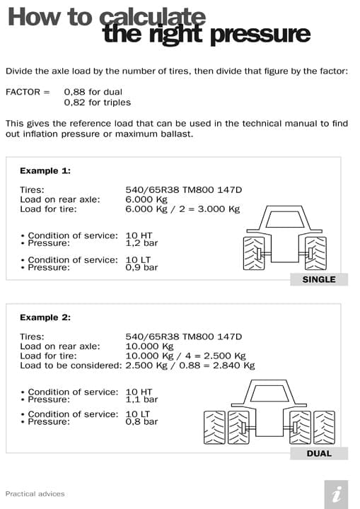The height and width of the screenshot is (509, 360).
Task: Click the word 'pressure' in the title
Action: click(265, 33)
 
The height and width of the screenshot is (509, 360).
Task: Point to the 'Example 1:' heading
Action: click(45, 170)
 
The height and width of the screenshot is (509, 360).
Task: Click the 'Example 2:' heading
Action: click(45, 317)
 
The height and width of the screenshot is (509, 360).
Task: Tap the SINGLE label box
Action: click(318, 279)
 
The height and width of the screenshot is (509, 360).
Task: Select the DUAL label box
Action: click(318, 453)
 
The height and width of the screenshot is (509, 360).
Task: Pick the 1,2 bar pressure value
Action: click(141, 242)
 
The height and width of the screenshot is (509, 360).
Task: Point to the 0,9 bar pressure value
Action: click(141, 267)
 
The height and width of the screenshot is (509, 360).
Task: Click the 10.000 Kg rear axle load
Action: click(149, 346)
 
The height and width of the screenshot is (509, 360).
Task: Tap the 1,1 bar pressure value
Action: click(141, 399)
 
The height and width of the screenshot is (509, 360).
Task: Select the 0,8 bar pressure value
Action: click(141, 421)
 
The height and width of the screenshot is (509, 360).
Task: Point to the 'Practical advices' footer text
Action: click(35, 493)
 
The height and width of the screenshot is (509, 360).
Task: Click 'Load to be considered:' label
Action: click(71, 365)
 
